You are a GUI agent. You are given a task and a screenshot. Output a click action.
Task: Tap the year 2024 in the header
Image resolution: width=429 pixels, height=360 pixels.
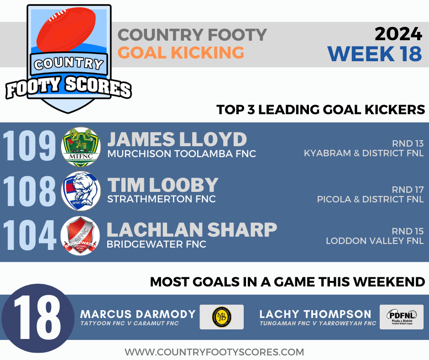pos(398,34)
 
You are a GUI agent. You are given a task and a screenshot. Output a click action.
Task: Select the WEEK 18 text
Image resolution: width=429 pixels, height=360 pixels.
pos(374,53)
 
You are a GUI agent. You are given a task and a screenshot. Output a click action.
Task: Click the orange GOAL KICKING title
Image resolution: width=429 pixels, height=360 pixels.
pos(181,53)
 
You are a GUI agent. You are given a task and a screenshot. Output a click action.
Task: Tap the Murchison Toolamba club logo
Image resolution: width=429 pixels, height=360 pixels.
pos(80,147)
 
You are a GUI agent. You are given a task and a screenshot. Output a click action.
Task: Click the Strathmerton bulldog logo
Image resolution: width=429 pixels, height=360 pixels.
pos(80,191)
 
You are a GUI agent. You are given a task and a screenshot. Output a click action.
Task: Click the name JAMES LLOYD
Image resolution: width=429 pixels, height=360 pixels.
pos(177,140)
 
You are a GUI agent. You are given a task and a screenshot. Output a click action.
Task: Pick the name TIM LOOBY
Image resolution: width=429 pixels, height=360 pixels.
pos(163,185)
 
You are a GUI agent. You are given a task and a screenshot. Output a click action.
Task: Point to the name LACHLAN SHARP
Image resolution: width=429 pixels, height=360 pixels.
pos(192,230)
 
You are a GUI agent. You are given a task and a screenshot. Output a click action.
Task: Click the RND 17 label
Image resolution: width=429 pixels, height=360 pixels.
pos(408,189)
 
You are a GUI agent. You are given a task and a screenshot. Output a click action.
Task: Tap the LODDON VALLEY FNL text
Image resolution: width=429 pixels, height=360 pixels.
pos(374,241)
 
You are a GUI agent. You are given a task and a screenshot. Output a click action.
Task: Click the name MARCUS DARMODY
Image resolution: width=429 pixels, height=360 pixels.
pos(138,314)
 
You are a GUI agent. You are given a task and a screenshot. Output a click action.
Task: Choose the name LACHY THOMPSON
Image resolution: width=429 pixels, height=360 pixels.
pos(315,314)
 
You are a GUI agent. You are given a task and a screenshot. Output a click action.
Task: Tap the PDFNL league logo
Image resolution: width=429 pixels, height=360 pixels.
pos(401,317)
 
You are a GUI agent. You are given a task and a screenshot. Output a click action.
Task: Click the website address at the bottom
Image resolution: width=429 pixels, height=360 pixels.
pos(214,352)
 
